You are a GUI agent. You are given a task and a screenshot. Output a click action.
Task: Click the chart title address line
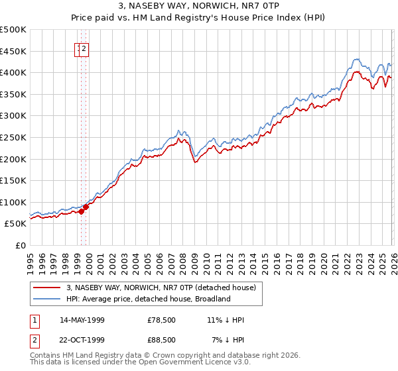pos(198,7)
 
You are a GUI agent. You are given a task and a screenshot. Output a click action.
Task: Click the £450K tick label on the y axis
pos(13,51)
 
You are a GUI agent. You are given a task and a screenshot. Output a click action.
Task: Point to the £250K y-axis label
pos(13,137)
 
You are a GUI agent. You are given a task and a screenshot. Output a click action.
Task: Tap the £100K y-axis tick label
pos(13,202)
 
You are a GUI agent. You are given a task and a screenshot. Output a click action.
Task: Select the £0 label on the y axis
pos(21,245)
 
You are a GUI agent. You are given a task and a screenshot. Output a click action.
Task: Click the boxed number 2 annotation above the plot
pos(85,48)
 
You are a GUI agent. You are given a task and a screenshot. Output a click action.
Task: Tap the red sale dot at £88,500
pos(86,207)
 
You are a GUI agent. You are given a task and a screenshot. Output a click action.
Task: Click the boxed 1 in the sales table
pos(34,321)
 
